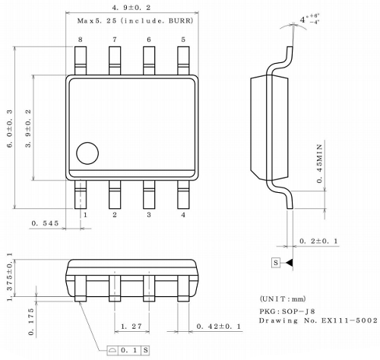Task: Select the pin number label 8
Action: point(80,39)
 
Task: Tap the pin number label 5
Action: point(182,39)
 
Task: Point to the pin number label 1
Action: point(85,215)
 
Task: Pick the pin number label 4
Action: point(183,215)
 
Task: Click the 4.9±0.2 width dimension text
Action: point(131,7)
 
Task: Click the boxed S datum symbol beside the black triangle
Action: point(276,263)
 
